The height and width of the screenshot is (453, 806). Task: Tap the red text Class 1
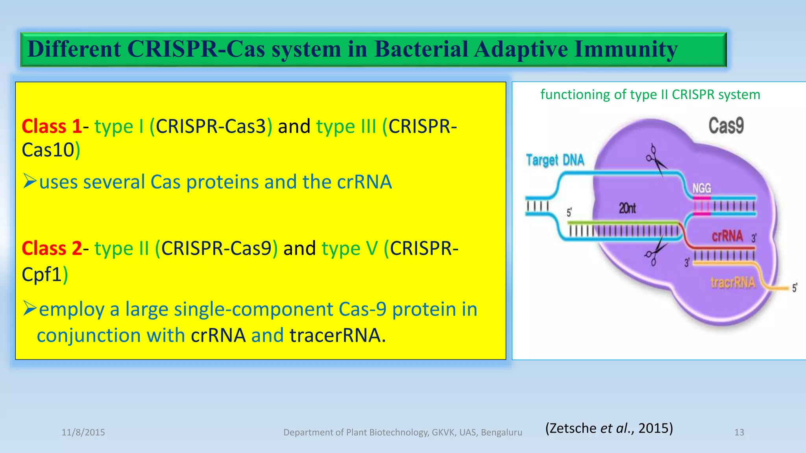pyautogui.click(x=52, y=127)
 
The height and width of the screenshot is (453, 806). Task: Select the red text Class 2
pyautogui.click(x=52, y=249)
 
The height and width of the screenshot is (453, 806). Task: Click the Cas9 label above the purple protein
pyautogui.click(x=726, y=126)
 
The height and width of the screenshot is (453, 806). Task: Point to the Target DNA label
pyautogui.click(x=555, y=160)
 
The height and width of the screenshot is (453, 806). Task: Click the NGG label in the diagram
pyautogui.click(x=702, y=188)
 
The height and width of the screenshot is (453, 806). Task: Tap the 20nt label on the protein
pyautogui.click(x=627, y=208)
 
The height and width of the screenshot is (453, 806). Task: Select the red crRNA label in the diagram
pyautogui.click(x=727, y=236)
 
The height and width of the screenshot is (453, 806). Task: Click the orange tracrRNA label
pyautogui.click(x=733, y=282)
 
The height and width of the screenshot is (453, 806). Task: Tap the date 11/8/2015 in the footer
pyautogui.click(x=83, y=433)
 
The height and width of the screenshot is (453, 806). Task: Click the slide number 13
pyautogui.click(x=739, y=433)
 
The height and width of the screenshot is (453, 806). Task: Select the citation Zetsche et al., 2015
pyautogui.click(x=609, y=428)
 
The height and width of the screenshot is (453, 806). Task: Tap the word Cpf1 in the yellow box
pyautogui.click(x=42, y=274)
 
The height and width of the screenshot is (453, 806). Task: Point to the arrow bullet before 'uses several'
pyautogui.click(x=30, y=181)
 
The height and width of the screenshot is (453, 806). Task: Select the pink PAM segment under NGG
pyautogui.click(x=702, y=206)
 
